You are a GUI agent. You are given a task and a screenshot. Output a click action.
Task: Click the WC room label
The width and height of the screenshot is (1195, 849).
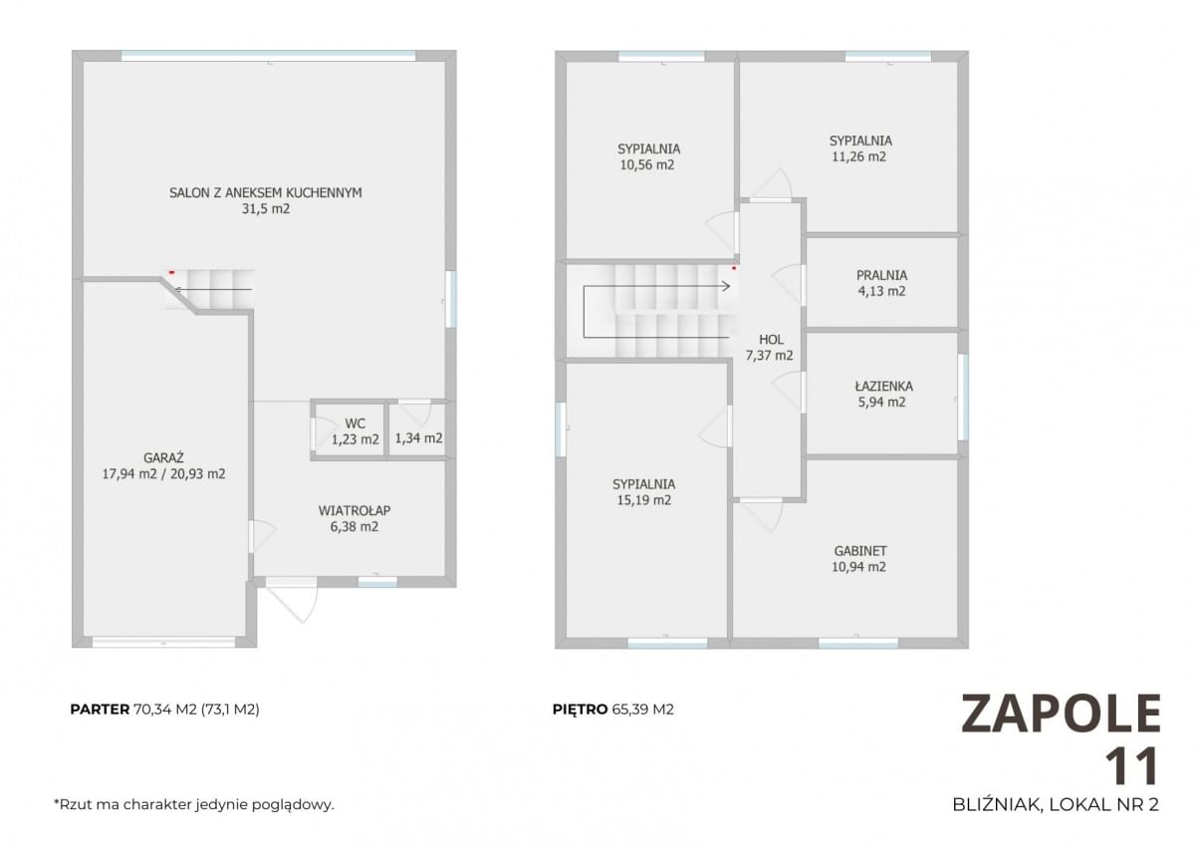pyautogui.click(x=356, y=424)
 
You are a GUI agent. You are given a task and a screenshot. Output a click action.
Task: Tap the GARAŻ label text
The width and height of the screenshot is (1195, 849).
pyautogui.click(x=163, y=457)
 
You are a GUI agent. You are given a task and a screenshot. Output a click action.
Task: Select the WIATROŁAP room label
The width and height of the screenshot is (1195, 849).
pyautogui.click(x=355, y=510)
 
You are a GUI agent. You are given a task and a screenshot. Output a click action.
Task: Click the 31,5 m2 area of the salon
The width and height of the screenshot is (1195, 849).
pyautogui.click(x=266, y=209)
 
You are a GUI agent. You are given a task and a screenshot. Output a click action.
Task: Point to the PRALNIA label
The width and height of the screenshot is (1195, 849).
pyautogui.click(x=882, y=275)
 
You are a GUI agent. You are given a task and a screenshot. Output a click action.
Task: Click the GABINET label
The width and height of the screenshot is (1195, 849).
pyautogui.click(x=860, y=550)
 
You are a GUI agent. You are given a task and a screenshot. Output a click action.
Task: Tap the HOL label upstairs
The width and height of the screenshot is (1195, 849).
pyautogui.click(x=771, y=340)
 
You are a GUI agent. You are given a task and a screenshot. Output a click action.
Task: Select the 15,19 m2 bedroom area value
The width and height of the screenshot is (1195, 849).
pyautogui.click(x=644, y=500)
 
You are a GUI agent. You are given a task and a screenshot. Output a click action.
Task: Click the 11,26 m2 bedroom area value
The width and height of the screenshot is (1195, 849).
pyautogui.click(x=858, y=157)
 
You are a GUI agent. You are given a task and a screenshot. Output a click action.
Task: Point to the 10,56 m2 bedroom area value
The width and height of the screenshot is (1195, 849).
pyautogui.click(x=647, y=165)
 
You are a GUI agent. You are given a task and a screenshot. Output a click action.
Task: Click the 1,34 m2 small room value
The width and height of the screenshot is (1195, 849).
pyautogui.click(x=418, y=438)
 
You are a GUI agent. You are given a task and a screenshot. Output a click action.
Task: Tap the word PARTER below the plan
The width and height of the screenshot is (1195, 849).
pyautogui.click(x=100, y=709)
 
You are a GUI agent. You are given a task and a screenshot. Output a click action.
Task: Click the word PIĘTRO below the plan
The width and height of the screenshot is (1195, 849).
pyautogui.click(x=580, y=709)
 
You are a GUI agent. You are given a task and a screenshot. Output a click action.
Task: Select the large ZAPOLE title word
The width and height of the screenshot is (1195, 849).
pyautogui.click(x=1061, y=713)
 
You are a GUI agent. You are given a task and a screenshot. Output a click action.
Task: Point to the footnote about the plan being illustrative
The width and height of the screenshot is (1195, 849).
pyautogui.click(x=194, y=805)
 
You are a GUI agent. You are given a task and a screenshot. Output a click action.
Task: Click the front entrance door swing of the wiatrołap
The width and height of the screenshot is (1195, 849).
pyautogui.click(x=293, y=602)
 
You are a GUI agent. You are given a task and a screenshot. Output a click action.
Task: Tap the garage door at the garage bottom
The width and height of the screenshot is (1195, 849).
pyautogui.click(x=163, y=642)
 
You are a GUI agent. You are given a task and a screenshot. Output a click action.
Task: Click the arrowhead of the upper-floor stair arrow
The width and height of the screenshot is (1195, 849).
pyautogui.click(x=727, y=287)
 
